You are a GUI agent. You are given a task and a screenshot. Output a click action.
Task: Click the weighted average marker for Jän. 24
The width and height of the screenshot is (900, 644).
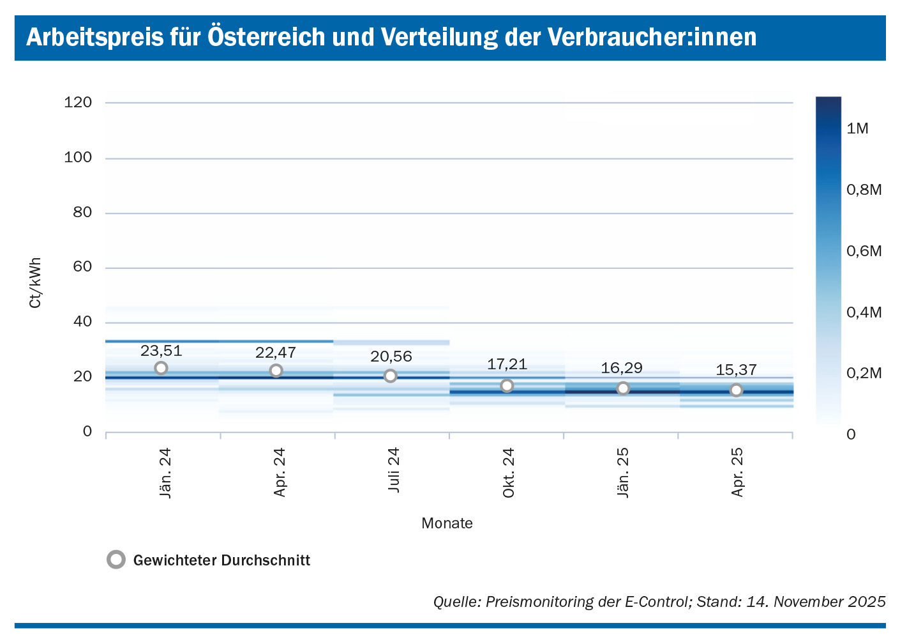(x=161, y=368)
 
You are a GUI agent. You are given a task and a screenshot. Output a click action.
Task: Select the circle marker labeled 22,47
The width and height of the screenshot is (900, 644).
(x=276, y=371)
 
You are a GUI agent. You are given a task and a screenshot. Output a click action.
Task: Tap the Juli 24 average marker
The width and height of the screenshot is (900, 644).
(x=391, y=376)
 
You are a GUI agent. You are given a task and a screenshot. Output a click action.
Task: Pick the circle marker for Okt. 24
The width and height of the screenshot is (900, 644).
(x=507, y=385)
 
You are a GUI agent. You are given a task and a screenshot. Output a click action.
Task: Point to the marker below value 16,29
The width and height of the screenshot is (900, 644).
(x=623, y=388)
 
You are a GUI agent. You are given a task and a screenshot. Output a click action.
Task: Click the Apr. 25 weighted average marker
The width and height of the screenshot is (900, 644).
(x=736, y=390)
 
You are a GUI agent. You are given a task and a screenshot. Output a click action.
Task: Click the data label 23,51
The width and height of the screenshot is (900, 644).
(x=161, y=351)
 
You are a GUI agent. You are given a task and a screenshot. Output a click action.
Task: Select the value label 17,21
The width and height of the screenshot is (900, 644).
(x=507, y=364)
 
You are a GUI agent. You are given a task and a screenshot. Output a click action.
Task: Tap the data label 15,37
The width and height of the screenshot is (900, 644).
(x=736, y=370)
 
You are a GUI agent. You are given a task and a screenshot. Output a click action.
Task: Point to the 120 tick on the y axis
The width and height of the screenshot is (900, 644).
(x=78, y=102)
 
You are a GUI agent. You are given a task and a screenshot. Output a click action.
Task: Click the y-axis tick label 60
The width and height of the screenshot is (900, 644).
(x=82, y=267)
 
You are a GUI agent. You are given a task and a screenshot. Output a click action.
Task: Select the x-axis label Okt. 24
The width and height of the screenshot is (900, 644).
(x=509, y=473)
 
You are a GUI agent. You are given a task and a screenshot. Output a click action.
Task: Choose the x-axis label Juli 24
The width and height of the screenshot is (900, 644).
(x=394, y=470)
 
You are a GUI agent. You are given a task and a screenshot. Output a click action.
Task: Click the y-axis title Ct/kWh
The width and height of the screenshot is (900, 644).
(x=35, y=283)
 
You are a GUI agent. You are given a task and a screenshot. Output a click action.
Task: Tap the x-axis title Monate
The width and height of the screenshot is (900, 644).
(x=447, y=523)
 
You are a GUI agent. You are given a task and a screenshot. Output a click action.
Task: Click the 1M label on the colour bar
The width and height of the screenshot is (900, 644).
(x=857, y=128)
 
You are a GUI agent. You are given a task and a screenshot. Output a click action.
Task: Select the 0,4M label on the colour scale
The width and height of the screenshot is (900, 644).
(x=864, y=312)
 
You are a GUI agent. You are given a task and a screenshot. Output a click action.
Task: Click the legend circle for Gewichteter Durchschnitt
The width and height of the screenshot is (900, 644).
(x=116, y=560)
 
